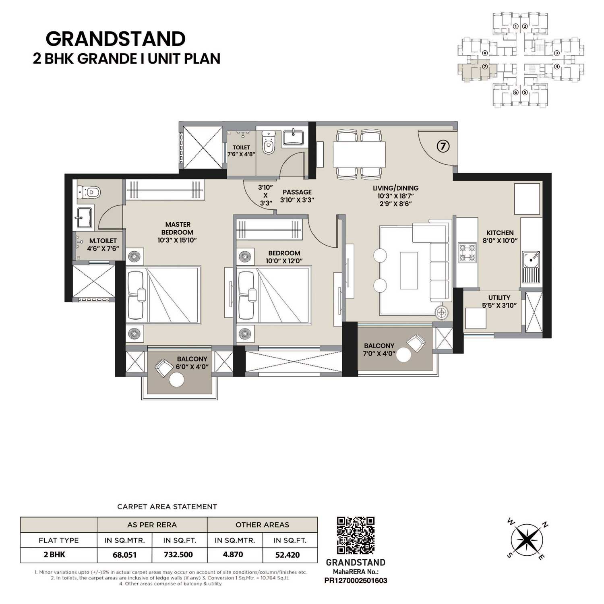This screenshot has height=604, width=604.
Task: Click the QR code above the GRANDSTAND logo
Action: [356, 536]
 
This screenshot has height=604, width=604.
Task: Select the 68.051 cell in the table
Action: [124, 554]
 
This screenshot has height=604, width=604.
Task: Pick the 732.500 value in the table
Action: [178, 554]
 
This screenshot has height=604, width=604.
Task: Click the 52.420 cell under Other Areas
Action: [288, 554]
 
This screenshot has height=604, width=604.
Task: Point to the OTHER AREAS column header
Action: [262, 525]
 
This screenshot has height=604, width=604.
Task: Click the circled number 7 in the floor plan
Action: [443, 147]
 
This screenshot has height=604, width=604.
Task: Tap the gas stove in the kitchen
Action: [467, 252]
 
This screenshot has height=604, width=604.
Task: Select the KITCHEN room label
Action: [500, 233]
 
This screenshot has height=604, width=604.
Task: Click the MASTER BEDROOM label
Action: [177, 228]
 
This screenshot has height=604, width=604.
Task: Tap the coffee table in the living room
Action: [408, 270]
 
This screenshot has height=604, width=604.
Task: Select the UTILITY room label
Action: [499, 298]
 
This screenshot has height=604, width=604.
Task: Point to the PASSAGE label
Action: [297, 192]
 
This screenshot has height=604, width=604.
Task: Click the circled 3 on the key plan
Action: [556, 53]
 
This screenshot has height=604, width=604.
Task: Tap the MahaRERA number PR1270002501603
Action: [356, 581]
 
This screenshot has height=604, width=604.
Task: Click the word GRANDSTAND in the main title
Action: [116, 39]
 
